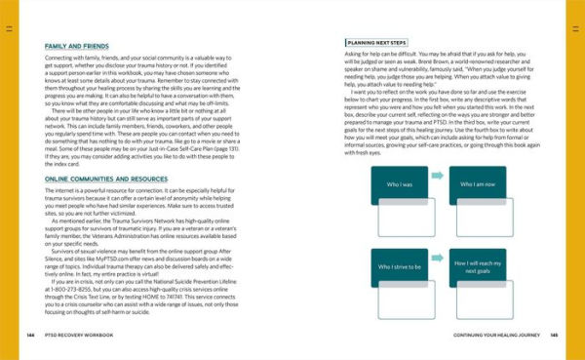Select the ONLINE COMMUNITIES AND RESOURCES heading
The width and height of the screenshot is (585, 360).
(96, 179)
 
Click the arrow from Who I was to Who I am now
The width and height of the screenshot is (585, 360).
(436, 176)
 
